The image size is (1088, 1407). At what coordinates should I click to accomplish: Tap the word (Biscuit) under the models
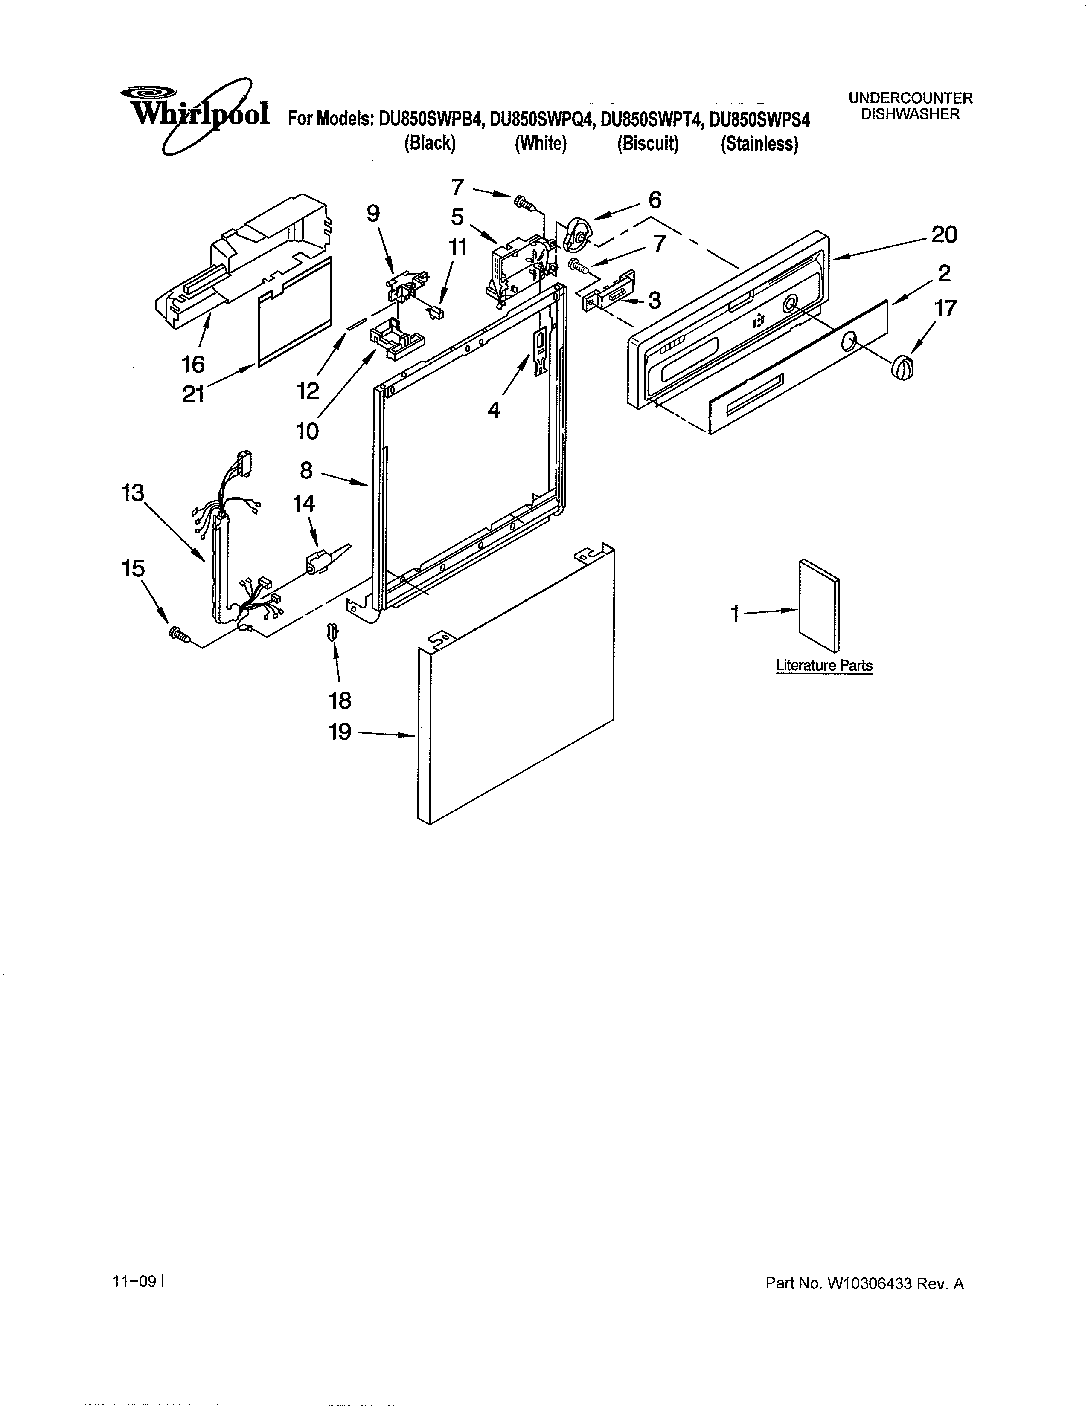point(648,144)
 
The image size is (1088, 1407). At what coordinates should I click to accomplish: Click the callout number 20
point(944,234)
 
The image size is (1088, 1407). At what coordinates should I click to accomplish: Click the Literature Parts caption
point(824,666)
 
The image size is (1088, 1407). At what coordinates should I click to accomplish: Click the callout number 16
point(193,365)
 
